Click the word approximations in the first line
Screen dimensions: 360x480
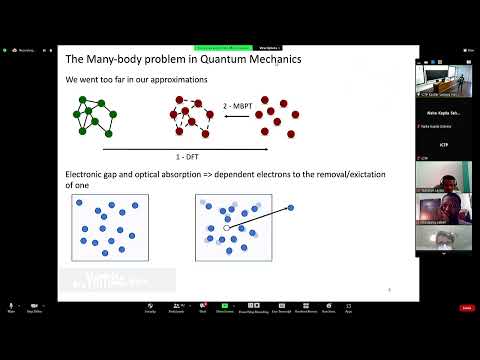coord(154,78)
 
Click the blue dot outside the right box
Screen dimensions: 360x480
coord(291,207)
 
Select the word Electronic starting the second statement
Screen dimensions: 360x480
coord(85,175)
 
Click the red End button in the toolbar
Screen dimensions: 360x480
coord(465,308)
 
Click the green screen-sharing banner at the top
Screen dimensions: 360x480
coord(223,47)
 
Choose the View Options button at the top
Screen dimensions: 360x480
coord(268,47)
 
